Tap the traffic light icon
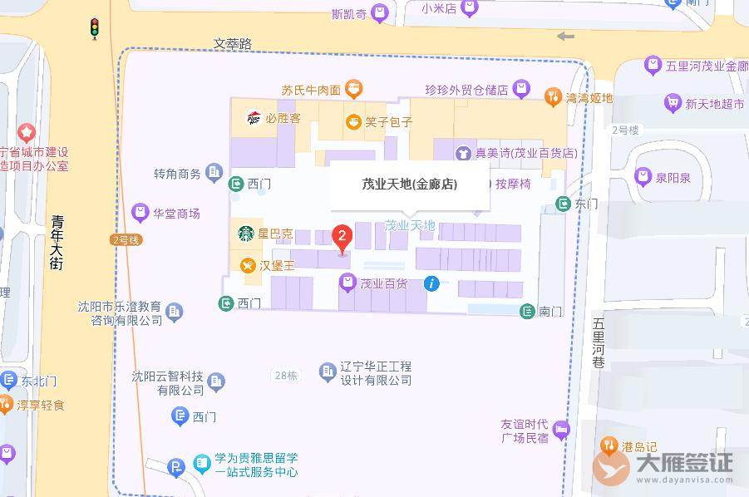[x=95, y=28]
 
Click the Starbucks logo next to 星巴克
[x=247, y=234]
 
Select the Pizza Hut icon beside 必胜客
[x=254, y=118]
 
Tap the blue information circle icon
[x=431, y=283]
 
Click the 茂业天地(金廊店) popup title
[x=410, y=185]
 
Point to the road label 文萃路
[x=232, y=43]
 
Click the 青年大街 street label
[x=57, y=242]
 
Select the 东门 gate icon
[x=564, y=204]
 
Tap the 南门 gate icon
[x=527, y=311]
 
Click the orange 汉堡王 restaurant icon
[x=247, y=265]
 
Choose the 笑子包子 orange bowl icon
[x=353, y=122]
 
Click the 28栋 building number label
[x=284, y=375]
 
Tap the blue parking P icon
[x=175, y=467]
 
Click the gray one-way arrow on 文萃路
[x=565, y=36]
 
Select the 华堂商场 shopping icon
[x=140, y=214]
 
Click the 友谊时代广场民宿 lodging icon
[x=561, y=430]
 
